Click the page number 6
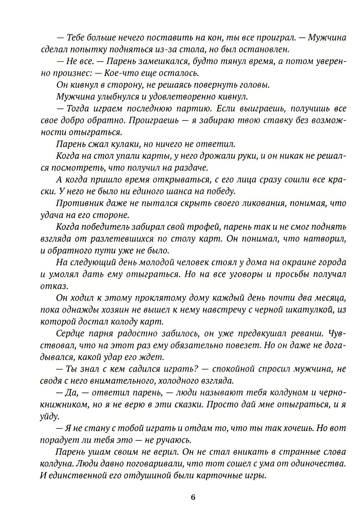193,498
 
